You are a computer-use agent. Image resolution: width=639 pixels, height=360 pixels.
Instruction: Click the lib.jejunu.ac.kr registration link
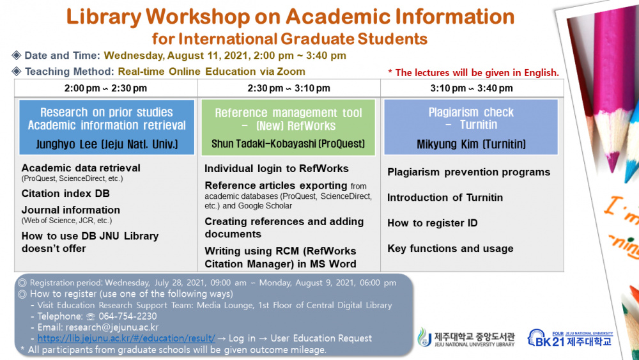pos(126,338)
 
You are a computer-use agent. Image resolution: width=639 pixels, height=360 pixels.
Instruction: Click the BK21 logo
pos(569,338)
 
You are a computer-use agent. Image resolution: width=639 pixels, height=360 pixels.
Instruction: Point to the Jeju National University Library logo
pos(466,338)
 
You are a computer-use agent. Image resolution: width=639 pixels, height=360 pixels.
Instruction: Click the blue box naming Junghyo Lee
pos(107,127)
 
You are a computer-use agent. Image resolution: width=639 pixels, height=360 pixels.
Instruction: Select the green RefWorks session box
pos(288,127)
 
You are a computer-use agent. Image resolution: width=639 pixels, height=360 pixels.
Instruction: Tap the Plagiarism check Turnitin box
pos(471,127)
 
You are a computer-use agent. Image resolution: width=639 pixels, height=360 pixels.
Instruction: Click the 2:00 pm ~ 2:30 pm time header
pos(105,88)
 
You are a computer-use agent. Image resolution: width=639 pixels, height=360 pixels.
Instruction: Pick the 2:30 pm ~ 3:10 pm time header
pos(289,88)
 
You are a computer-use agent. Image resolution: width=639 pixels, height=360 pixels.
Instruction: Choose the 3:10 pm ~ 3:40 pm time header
pos(472,88)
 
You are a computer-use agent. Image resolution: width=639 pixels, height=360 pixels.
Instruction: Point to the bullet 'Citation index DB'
pos(65,193)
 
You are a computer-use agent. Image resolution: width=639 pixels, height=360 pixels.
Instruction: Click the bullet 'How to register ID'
pos(432,223)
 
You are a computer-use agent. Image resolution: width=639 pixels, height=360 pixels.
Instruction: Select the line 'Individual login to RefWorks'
pos(276,169)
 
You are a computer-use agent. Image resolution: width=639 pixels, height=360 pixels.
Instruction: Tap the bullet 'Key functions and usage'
pos(450,249)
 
